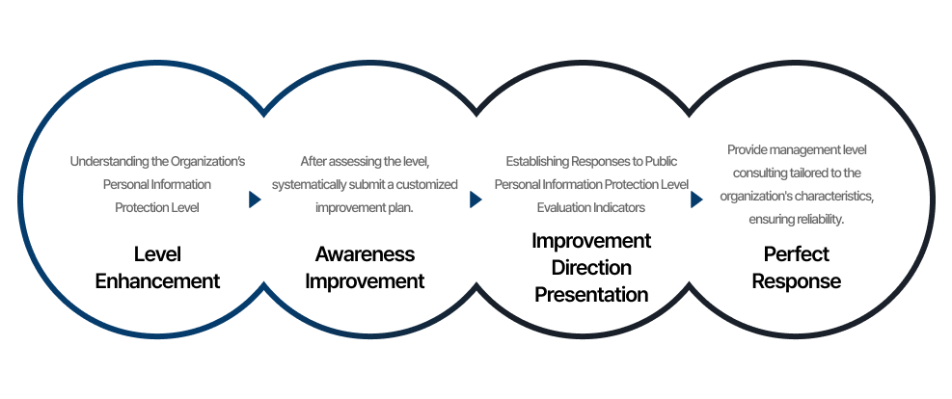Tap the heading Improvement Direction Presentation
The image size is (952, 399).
click(x=591, y=267)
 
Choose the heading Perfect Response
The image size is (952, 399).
click(x=797, y=268)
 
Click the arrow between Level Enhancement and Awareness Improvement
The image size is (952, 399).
click(x=255, y=199)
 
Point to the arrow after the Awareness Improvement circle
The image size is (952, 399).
click(x=476, y=199)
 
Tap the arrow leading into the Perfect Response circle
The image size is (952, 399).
click(x=696, y=199)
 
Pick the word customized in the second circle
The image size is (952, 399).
click(x=423, y=184)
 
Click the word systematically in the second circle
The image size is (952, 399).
click(x=309, y=184)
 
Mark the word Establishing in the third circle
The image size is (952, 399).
click(x=538, y=161)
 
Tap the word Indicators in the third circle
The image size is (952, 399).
click(x=618, y=207)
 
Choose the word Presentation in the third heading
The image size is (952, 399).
click(x=591, y=294)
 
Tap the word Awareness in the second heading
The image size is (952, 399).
click(x=365, y=254)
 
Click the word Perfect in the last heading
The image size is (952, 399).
click(x=797, y=254)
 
